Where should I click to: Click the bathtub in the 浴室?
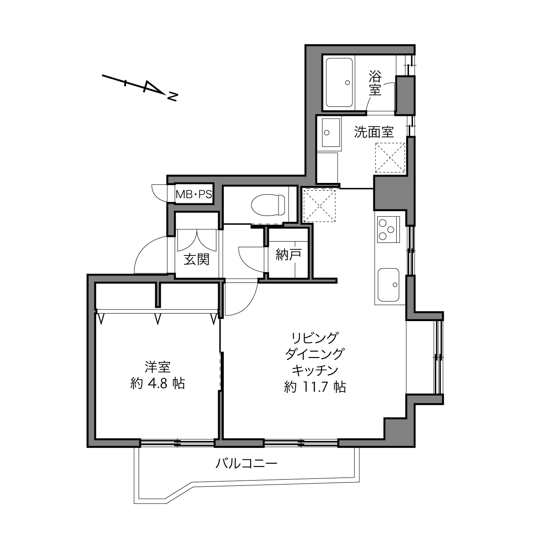point(339,83)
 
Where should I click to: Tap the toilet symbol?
point(267,205)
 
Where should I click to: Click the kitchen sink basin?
point(388,285)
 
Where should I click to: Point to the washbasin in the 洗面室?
point(331,133)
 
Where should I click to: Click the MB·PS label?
point(194,194)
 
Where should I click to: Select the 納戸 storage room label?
point(289,254)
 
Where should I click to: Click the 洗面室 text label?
point(374,132)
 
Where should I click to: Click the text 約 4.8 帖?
point(158,384)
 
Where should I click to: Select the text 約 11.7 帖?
point(315,387)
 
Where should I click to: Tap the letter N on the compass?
point(172,96)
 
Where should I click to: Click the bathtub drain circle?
point(348,83)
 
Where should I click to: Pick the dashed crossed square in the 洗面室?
point(390,158)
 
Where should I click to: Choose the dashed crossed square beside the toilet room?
point(319,206)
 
